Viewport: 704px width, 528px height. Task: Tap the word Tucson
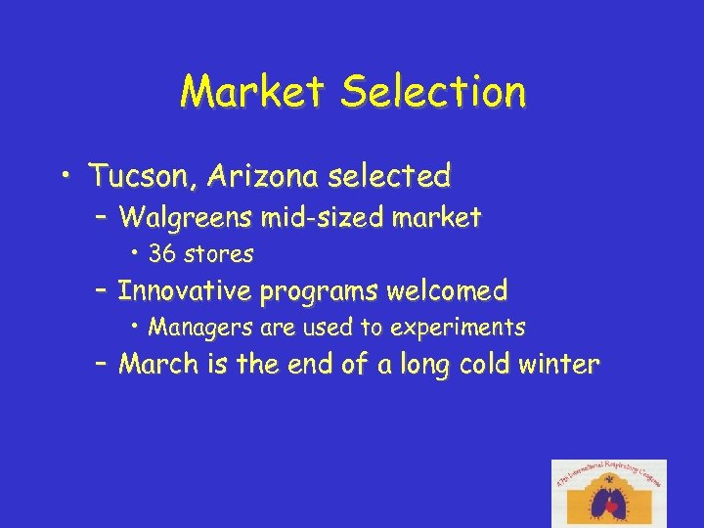coord(143,177)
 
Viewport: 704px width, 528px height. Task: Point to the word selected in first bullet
coord(390,177)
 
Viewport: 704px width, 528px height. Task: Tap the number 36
coord(162,254)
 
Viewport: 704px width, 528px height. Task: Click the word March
coord(158,365)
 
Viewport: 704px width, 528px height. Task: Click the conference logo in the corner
coord(608,493)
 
